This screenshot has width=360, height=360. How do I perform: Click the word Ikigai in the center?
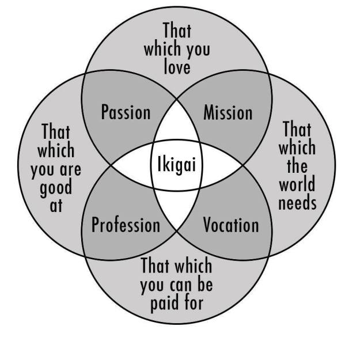click(177, 164)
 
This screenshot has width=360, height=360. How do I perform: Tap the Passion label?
click(126, 112)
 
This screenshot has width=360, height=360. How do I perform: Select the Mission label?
click(228, 112)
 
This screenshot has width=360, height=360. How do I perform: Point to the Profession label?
click(126, 225)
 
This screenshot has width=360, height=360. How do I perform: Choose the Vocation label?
click(231, 225)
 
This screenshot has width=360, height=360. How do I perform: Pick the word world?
click(297, 184)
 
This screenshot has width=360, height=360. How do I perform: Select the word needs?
click(298, 203)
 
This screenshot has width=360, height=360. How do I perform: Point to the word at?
click(56, 206)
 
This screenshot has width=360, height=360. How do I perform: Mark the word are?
click(70, 169)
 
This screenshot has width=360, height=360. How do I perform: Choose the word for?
click(191, 302)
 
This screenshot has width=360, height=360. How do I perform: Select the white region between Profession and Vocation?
click(177, 209)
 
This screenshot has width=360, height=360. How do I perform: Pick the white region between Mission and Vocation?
click(222, 165)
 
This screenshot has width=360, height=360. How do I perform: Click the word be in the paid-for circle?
click(204, 284)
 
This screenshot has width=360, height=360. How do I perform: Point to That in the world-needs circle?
click(297, 129)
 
